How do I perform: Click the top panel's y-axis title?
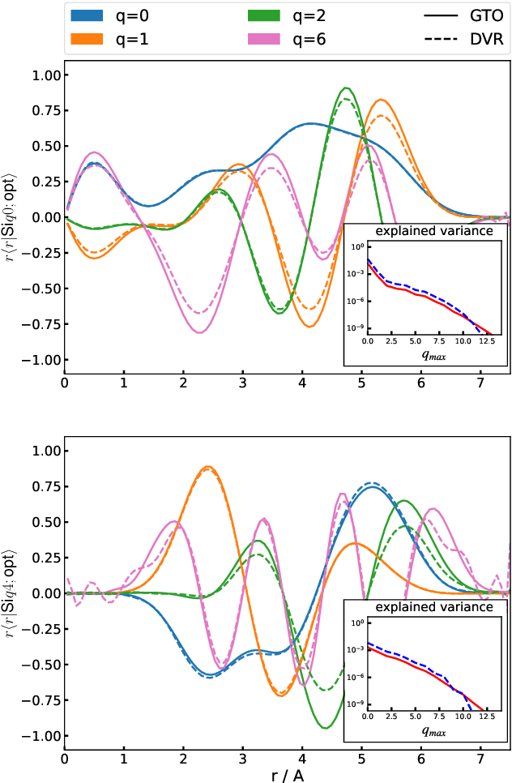(x=11, y=216)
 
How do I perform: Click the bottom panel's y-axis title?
(x=11, y=593)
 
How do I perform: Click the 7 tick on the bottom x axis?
(x=480, y=759)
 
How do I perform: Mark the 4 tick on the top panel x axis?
(x=302, y=383)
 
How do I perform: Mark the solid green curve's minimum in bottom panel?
(x=326, y=728)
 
